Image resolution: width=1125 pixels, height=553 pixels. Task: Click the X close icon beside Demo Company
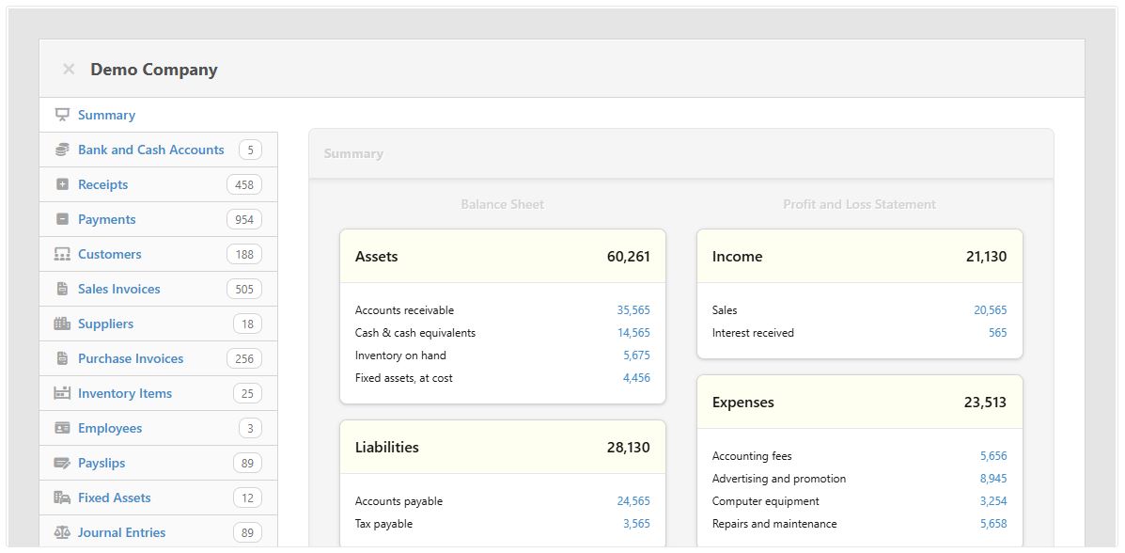coord(69,70)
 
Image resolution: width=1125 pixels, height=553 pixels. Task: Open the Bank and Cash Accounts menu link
coord(150,150)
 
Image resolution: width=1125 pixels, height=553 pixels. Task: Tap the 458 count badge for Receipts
coord(244,185)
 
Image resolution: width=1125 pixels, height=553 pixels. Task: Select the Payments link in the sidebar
coord(106,219)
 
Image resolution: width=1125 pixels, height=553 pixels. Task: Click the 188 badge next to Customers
coord(244,255)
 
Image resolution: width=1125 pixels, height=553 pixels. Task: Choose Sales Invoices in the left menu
coord(118,289)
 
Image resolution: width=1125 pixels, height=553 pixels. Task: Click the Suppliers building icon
coord(62,324)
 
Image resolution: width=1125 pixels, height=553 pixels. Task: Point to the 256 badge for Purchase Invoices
coord(244,359)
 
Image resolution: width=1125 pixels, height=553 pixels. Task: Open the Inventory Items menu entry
coord(124,393)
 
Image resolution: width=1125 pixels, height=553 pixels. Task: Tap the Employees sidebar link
coord(110,428)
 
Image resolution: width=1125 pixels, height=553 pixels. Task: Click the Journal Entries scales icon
coord(62,532)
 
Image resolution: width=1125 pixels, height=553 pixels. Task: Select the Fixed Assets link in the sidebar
coord(114,498)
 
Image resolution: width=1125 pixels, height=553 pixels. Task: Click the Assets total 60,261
coord(628,257)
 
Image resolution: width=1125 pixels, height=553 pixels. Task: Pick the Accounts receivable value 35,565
coord(633,310)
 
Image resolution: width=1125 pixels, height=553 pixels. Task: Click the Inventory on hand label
coord(400,355)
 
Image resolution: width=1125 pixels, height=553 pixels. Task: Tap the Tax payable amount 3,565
coord(635,524)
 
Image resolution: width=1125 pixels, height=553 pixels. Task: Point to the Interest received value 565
coord(997,333)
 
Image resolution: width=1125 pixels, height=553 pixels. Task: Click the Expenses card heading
coord(742,403)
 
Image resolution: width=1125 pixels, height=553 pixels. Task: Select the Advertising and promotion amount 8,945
coord(992,479)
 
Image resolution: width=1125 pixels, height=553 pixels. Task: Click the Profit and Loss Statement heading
coord(859,204)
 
